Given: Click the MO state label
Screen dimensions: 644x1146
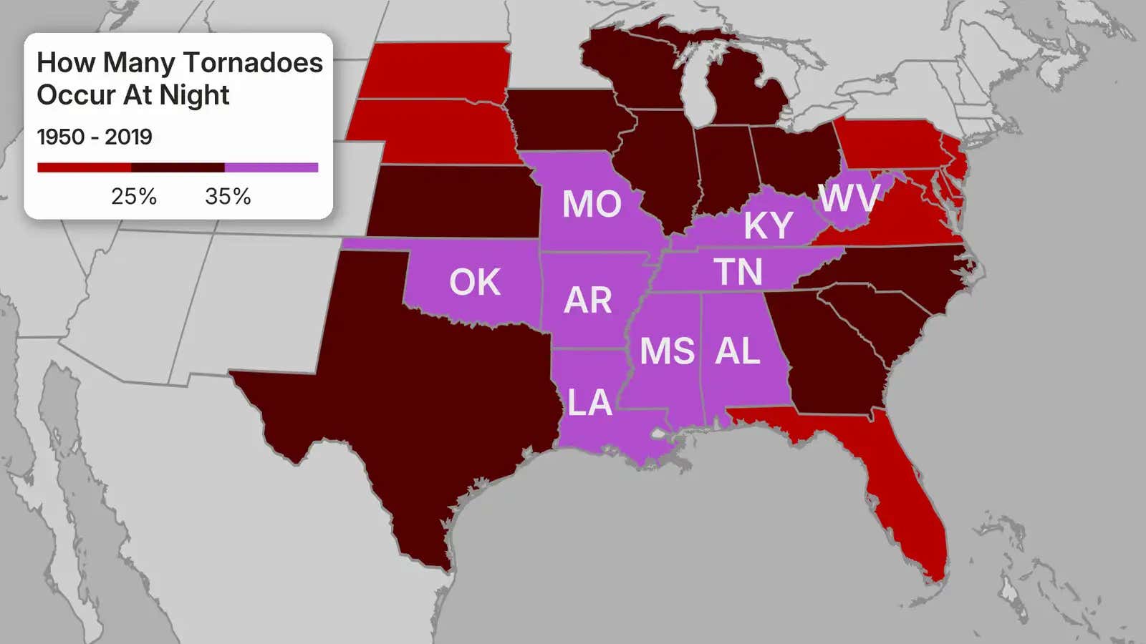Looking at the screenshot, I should tap(592, 204).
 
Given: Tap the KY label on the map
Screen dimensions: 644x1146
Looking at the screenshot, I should tap(768, 226).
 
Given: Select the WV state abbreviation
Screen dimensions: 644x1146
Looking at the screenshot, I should tap(849, 198).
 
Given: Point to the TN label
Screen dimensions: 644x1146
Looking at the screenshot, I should tap(738, 273).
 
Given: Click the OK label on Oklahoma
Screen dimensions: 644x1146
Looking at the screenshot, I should tap(475, 283).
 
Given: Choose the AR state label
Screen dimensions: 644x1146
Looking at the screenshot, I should tap(588, 301).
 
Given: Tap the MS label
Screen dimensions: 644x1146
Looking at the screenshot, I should tap(667, 351).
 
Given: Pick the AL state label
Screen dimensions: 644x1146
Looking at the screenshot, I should tap(738, 351).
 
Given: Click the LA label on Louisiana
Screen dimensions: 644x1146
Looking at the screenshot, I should tap(589, 403).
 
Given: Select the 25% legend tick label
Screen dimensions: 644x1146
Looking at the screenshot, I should tap(134, 197).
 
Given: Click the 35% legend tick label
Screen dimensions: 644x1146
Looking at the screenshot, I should tap(228, 197).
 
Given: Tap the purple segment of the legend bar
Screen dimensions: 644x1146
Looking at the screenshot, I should tap(271, 167).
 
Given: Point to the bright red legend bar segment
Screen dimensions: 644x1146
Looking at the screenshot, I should tap(84, 167).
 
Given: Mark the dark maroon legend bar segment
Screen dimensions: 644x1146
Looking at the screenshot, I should tap(178, 167).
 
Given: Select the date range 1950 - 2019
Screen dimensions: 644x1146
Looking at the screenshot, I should tap(95, 137).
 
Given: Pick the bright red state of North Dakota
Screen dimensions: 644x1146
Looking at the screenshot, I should tap(437, 70).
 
